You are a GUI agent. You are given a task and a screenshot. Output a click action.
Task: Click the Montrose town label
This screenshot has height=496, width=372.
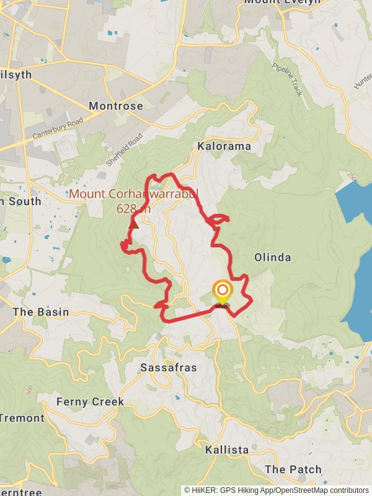pyautogui.click(x=115, y=106)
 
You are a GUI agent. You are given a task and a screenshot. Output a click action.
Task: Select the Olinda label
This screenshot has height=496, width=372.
pyautogui.click(x=272, y=257)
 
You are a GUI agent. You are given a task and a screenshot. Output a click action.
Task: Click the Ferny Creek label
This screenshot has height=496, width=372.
pyautogui.click(x=90, y=402)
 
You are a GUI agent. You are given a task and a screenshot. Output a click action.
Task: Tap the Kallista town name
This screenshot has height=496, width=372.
pyautogui.click(x=227, y=449)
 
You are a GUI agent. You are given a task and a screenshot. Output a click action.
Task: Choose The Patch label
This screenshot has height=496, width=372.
pyautogui.click(x=293, y=469)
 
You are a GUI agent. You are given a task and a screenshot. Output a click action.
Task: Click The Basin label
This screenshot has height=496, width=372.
pyautogui.click(x=40, y=312)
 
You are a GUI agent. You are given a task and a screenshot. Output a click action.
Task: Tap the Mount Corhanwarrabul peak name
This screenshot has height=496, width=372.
pyautogui.click(x=133, y=194)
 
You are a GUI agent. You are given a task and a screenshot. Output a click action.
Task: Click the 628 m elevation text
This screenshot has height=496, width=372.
pyautogui.click(x=133, y=209)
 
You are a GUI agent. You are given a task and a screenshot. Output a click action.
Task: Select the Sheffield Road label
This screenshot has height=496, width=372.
pyautogui.click(x=124, y=149)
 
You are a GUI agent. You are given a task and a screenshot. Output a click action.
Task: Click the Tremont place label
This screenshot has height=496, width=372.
pyautogui.click(x=22, y=418)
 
